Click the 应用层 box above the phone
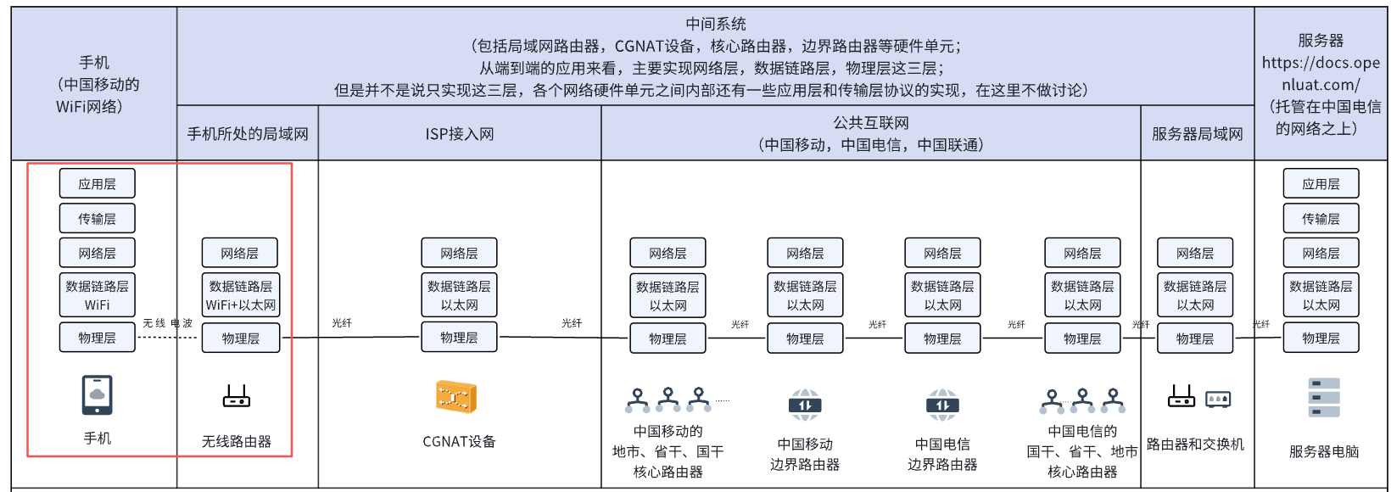[98, 184]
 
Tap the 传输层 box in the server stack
[1321, 219]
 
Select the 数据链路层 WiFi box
[98, 295]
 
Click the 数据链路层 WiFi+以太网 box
[240, 295]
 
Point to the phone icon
[98, 394]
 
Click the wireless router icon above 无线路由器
[237, 395]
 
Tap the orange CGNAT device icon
[456, 396]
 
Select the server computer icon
[1324, 398]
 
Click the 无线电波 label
[168, 323]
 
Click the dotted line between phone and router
[168, 338]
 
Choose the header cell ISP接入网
[460, 133]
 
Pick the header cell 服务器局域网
[1198, 133]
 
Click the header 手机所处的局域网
[248, 133]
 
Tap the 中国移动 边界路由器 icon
[805, 405]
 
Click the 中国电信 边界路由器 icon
[942, 405]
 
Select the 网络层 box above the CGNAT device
[459, 253]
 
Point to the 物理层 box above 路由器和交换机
[1195, 338]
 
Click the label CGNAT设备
[459, 442]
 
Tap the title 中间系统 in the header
[715, 24]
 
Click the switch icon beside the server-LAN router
[1218, 399]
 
